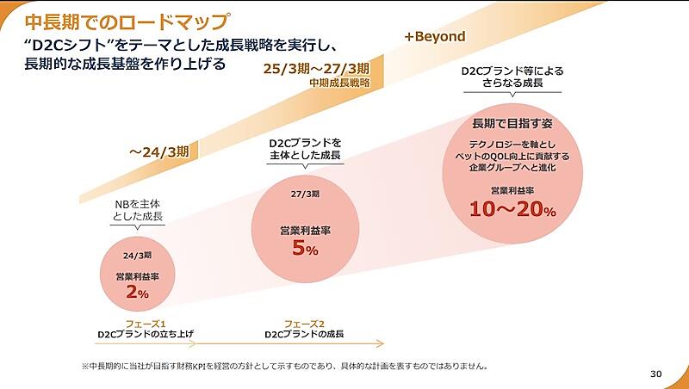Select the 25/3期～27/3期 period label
pos(316,69)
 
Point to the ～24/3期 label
pos(164,151)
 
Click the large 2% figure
pos(138,293)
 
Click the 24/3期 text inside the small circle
pos(138,256)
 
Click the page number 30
pos(656,373)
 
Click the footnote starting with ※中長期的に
pos(284,365)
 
